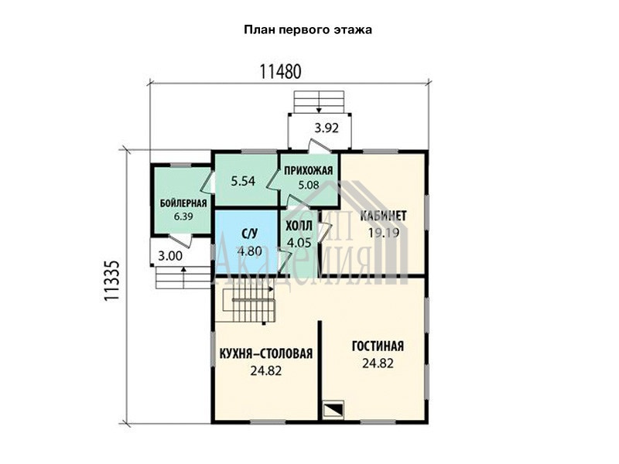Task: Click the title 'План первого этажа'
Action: click(x=308, y=30)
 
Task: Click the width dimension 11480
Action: click(x=280, y=72)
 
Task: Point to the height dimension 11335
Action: click(x=111, y=281)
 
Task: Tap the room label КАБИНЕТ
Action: click(x=383, y=216)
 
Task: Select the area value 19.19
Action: click(x=383, y=233)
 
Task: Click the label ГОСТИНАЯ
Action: click(x=378, y=346)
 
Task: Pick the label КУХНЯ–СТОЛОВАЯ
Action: click(x=266, y=353)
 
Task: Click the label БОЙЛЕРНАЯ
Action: click(x=183, y=203)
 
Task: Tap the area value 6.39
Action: click(x=183, y=217)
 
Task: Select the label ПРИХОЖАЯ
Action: click(x=309, y=170)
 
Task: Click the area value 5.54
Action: click(x=243, y=181)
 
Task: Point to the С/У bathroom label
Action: click(x=249, y=234)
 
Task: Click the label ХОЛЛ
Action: click(x=299, y=226)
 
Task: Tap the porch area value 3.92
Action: click(x=327, y=128)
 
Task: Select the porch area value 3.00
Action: click(x=170, y=256)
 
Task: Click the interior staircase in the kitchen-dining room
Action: click(x=248, y=305)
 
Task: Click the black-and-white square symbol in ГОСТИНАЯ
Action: click(x=333, y=409)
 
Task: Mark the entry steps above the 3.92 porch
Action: click(x=319, y=101)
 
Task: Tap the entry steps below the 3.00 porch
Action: click(x=182, y=278)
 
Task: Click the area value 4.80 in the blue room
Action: click(x=249, y=251)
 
